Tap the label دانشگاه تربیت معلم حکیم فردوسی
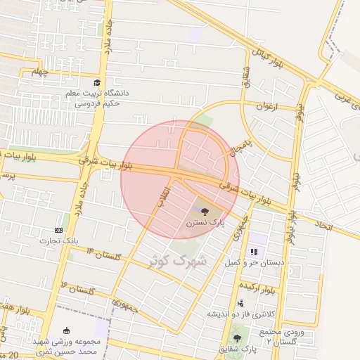[94, 98]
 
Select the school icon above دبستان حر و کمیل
[254, 251]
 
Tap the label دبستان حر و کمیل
[254, 263]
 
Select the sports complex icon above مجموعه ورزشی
[67, 331]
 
